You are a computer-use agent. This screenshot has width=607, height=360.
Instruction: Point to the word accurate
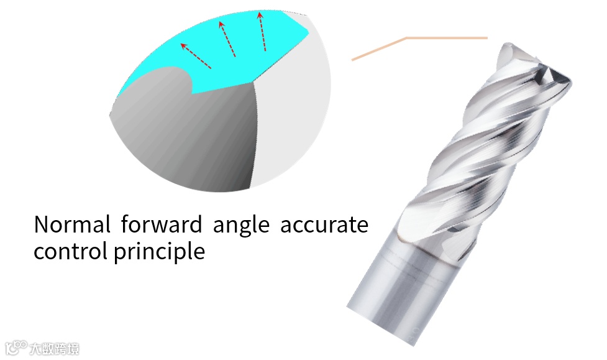(x=324, y=225)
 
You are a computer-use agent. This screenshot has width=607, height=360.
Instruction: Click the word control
(x=70, y=251)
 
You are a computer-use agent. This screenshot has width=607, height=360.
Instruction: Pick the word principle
(x=159, y=252)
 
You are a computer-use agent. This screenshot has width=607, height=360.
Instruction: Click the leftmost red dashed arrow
(x=195, y=55)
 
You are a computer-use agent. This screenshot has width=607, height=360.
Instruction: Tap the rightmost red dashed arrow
(x=262, y=33)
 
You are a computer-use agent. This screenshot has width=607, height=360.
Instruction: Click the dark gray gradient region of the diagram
(x=186, y=137)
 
